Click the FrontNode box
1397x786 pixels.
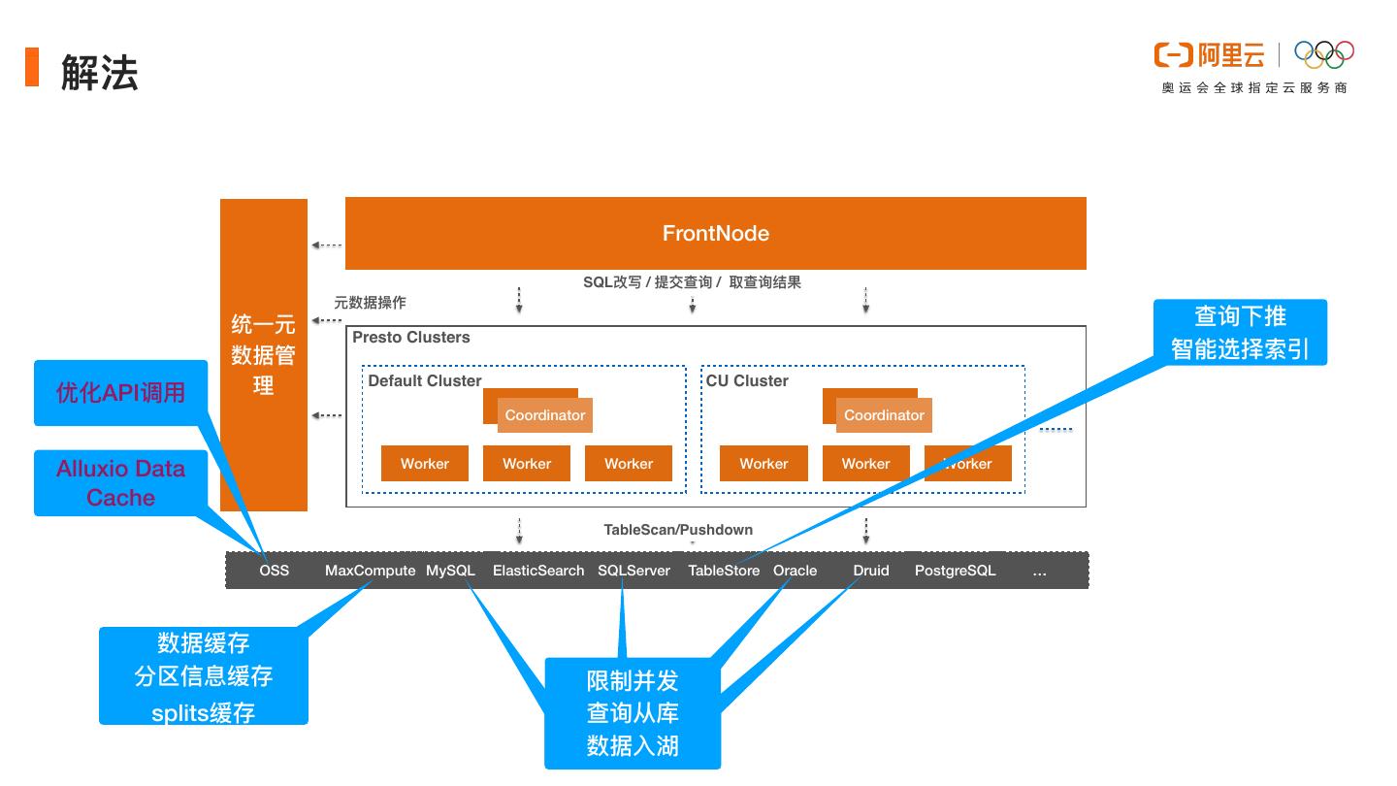click(x=716, y=233)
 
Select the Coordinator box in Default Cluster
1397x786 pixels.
click(x=544, y=415)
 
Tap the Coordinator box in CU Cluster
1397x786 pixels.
click(x=884, y=415)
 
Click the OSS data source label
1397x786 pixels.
click(x=275, y=571)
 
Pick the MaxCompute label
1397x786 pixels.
click(x=370, y=571)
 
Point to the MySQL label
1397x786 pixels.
click(x=450, y=571)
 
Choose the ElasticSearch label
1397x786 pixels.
click(x=538, y=571)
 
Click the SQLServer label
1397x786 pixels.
click(x=634, y=571)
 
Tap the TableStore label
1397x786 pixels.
click(x=724, y=571)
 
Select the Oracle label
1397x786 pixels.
click(x=795, y=571)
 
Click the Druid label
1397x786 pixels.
click(x=871, y=571)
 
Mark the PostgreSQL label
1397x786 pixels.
click(x=955, y=571)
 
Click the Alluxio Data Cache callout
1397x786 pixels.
click(x=121, y=483)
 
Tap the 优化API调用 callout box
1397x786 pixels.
click(x=121, y=393)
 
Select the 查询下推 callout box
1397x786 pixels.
click(x=1240, y=332)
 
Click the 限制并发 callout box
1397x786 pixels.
click(x=633, y=713)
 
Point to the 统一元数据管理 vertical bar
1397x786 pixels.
click(x=264, y=354)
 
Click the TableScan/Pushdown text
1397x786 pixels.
click(x=678, y=530)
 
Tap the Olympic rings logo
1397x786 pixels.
click(x=1324, y=54)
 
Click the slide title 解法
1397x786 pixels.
click(x=100, y=73)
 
